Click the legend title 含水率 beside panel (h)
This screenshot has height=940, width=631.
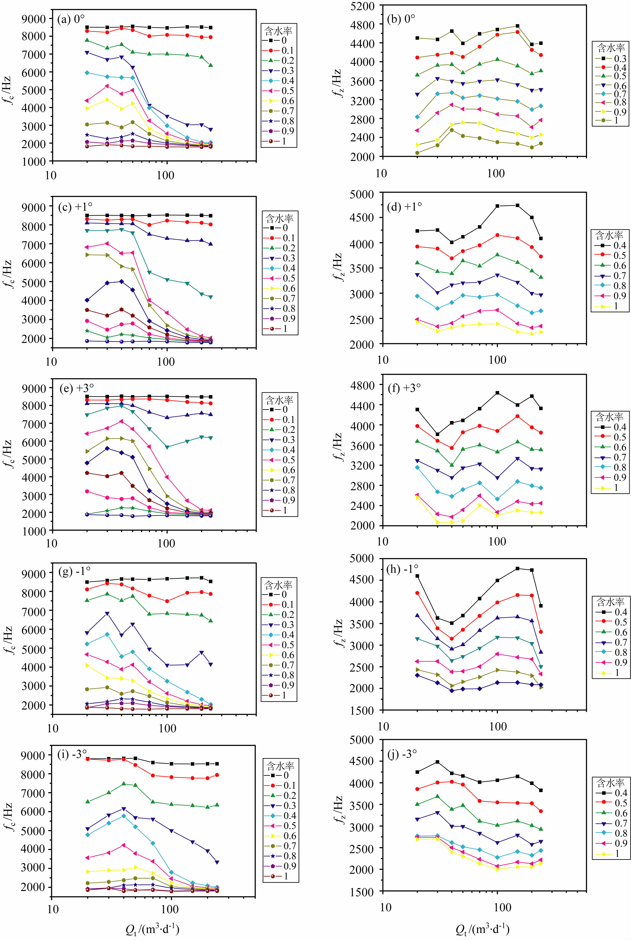point(610,602)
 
